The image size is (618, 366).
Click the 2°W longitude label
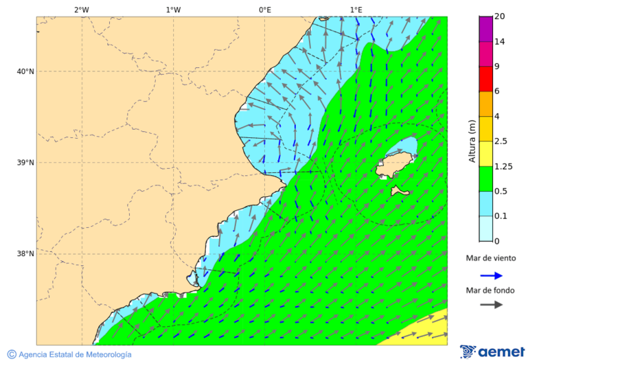pyautogui.click(x=81, y=10)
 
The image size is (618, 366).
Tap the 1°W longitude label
pyautogui.click(x=173, y=10)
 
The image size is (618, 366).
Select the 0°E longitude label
pyautogui.click(x=264, y=10)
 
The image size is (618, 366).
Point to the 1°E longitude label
pyautogui.click(x=356, y=10)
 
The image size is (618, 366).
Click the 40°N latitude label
pyautogui.click(x=25, y=71)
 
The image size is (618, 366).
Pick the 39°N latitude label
pyautogui.click(x=25, y=163)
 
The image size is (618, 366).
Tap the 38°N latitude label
pyautogui.click(x=25, y=254)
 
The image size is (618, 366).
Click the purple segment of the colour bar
pyautogui.click(x=486, y=29)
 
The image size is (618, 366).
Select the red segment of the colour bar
pyautogui.click(x=486, y=78)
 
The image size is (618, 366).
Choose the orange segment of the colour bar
pyautogui.click(x=486, y=104)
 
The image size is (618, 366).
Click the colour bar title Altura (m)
pyautogui.click(x=472, y=141)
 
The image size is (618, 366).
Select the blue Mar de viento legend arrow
pyautogui.click(x=491, y=275)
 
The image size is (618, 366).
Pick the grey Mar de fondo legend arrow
pyautogui.click(x=491, y=305)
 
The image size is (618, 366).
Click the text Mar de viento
pyautogui.click(x=490, y=259)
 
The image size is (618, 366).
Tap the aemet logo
pyautogui.click(x=492, y=352)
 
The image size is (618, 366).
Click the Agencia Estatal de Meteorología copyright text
pyautogui.click(x=69, y=354)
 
